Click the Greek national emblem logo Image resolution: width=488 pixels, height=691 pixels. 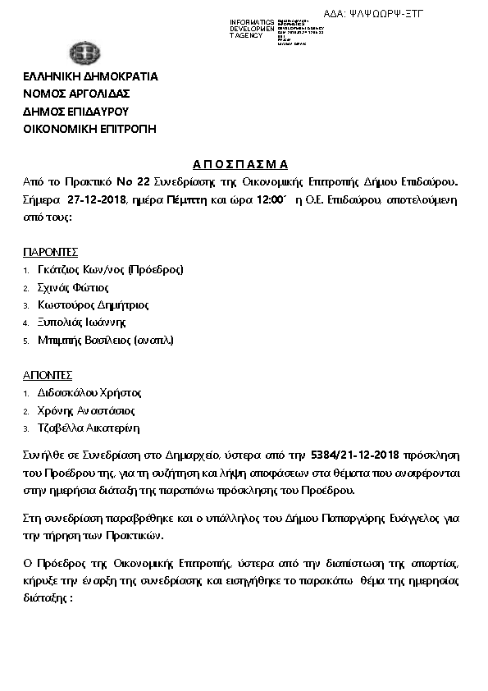[84, 56]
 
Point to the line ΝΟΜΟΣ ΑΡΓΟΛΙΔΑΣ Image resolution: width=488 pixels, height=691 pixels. [76, 94]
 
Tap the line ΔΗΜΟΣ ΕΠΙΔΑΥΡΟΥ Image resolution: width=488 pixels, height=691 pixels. [75, 111]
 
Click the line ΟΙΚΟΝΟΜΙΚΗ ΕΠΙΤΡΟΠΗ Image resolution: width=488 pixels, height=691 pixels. [89, 128]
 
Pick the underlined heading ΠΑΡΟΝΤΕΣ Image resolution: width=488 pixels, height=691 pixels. [50, 252]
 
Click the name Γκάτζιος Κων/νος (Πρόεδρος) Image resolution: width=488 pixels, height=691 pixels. [110, 269]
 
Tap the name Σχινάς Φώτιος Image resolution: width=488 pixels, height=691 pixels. [73, 287]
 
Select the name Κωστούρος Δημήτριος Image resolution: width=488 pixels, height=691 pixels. [93, 304]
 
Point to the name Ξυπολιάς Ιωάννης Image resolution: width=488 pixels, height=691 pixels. [81, 323]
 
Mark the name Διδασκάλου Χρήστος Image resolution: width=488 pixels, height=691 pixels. [89, 392]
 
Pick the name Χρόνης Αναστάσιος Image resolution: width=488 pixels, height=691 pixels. [86, 410]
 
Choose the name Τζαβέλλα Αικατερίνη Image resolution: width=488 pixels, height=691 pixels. [89, 428]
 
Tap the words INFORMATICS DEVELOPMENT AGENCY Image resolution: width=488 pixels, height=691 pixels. [252, 29]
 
